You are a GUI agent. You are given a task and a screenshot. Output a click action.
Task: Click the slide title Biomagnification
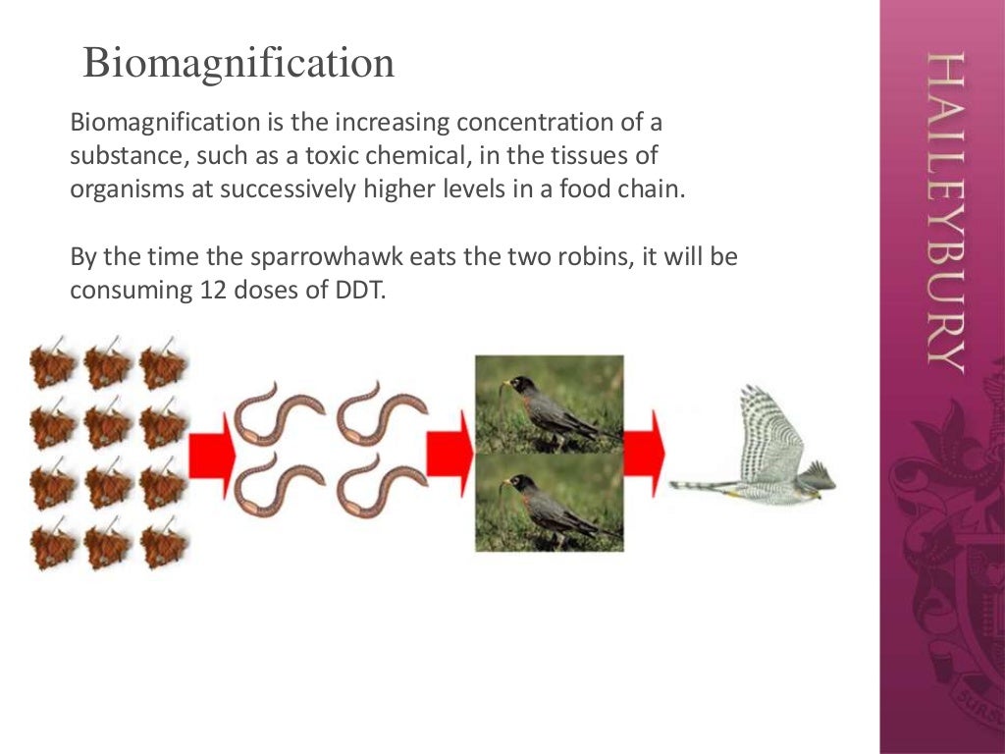tap(238, 64)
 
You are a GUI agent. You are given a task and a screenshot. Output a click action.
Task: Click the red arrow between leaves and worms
tap(211, 453)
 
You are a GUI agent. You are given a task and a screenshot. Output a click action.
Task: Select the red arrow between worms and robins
tap(450, 453)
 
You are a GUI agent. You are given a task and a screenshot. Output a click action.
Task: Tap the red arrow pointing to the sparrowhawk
tap(644, 453)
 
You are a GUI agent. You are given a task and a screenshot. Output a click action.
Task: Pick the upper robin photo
tap(549, 404)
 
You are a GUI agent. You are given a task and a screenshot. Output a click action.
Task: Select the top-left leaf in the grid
tap(52, 366)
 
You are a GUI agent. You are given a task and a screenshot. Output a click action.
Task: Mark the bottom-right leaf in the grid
tap(163, 547)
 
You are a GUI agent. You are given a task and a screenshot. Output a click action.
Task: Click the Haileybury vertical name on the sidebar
tap(944, 211)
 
